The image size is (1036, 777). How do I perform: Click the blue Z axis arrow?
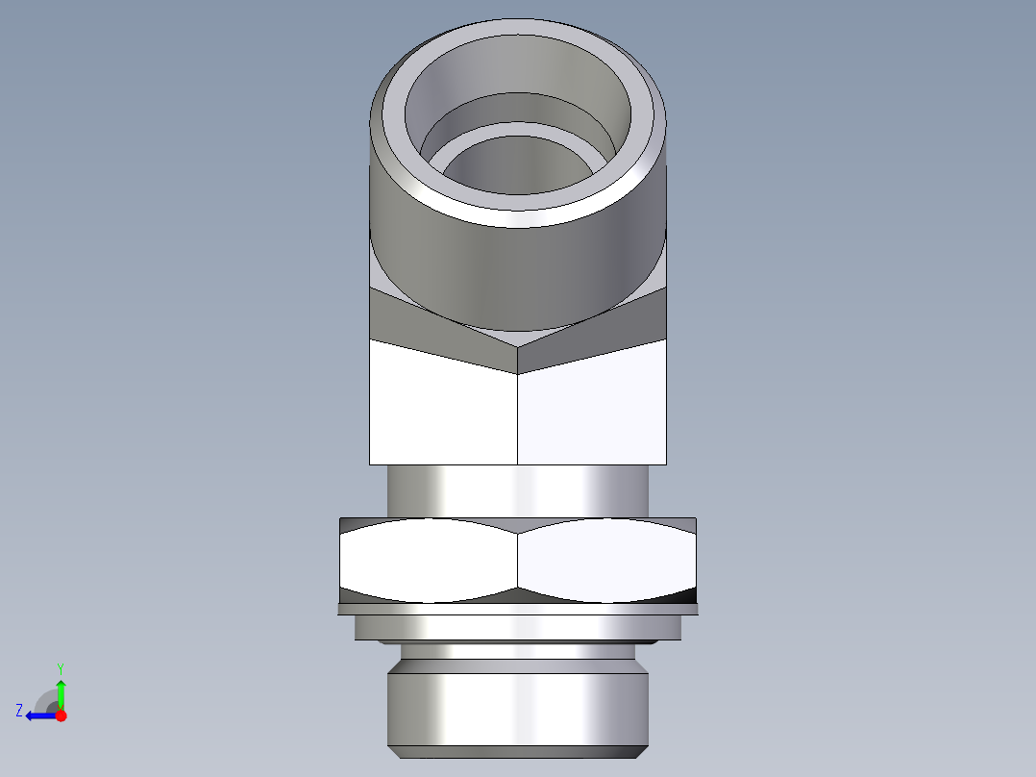[38, 715]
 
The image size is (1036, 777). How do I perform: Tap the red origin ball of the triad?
[61, 715]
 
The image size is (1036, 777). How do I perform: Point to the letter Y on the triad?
[61, 667]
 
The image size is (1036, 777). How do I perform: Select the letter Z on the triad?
[19, 711]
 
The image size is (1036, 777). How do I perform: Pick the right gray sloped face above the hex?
[605, 332]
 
